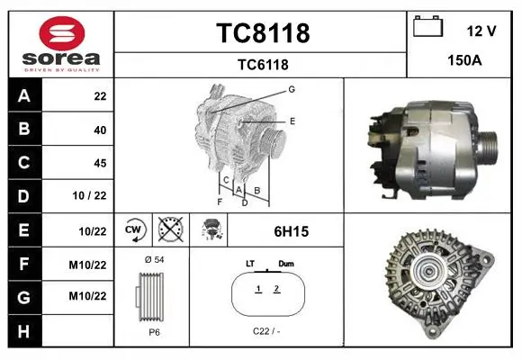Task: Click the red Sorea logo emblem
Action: click(62, 33)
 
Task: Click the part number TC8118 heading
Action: click(263, 33)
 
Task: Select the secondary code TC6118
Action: click(263, 65)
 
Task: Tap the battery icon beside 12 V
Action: click(428, 26)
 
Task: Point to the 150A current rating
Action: click(464, 60)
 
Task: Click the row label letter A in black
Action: click(24, 96)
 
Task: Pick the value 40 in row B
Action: click(100, 130)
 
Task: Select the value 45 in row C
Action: click(100, 163)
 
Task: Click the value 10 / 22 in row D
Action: click(89, 195)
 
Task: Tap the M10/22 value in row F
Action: click(87, 265)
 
